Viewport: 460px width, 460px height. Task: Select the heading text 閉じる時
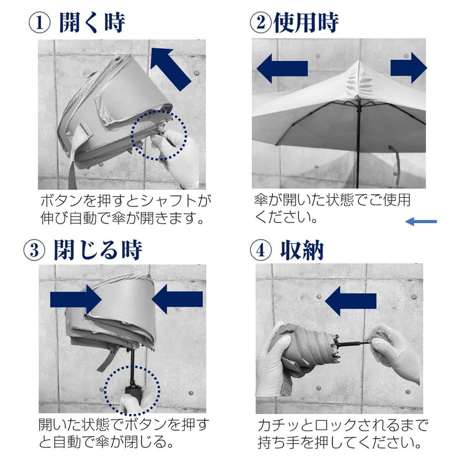click(98, 250)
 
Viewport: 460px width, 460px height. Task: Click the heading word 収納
click(302, 250)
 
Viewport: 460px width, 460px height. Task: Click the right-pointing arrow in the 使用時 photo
click(408, 67)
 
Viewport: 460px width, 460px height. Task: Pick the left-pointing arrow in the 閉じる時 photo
click(178, 299)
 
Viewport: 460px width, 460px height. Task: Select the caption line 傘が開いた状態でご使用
click(332, 201)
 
